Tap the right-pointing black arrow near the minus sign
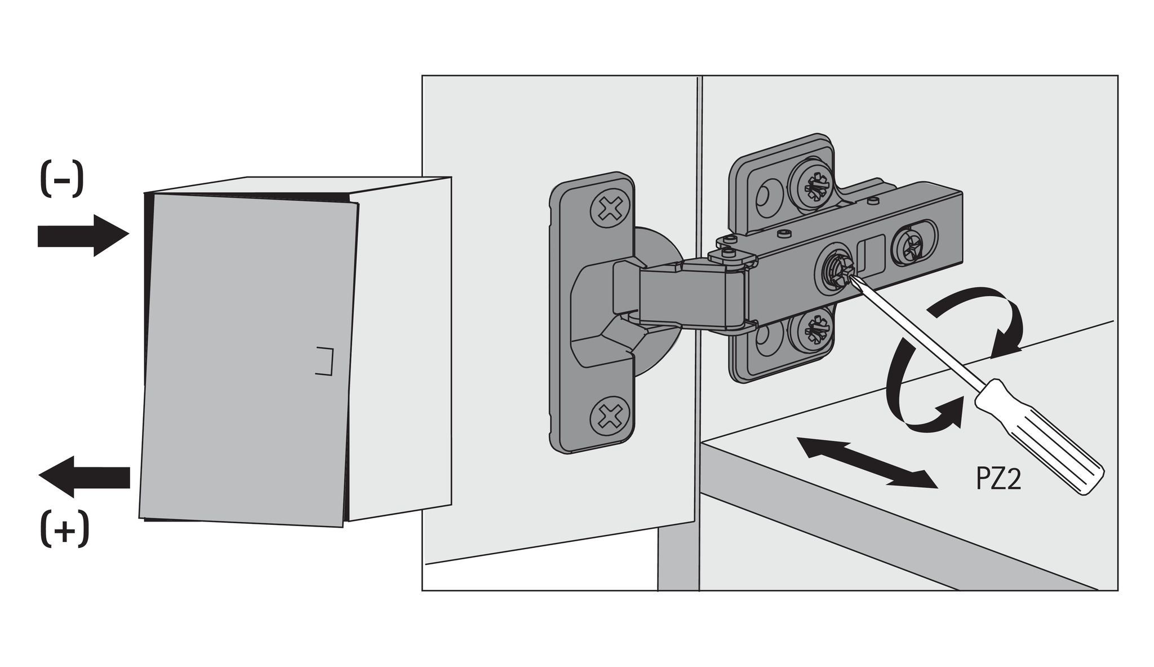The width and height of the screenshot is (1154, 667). pyautogui.click(x=83, y=235)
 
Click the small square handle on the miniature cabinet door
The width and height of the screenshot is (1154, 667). pyautogui.click(x=324, y=361)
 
